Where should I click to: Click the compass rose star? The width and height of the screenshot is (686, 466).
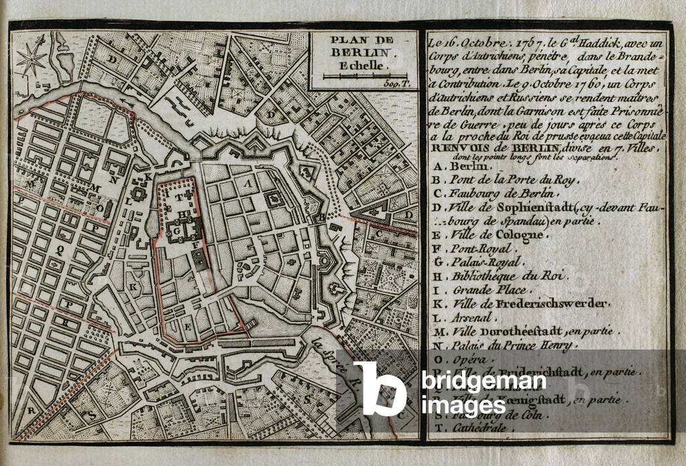(x=31, y=60)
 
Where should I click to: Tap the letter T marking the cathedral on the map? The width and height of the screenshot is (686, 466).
(x=180, y=198)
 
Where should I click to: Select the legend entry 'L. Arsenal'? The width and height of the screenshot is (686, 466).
(x=463, y=318)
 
